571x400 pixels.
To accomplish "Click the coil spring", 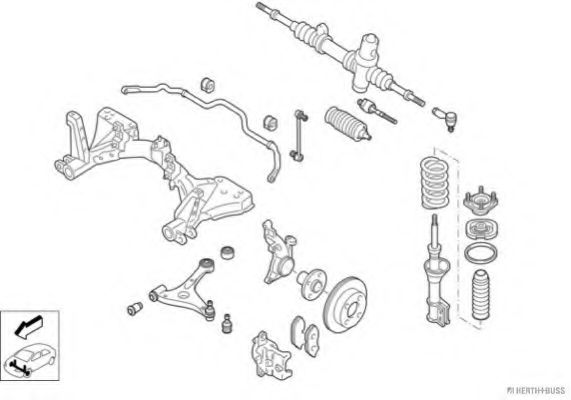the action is coord(435,183).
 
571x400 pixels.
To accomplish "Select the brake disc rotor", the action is coord(346,305).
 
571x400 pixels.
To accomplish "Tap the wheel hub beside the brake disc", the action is coord(311,283).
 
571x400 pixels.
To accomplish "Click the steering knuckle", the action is coord(278,253).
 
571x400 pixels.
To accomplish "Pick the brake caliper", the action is coord(271,355).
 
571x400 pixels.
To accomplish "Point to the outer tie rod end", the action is coord(445,118).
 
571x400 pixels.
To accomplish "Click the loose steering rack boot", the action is coord(347,123).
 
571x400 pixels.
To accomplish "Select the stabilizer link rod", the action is coord(299,135).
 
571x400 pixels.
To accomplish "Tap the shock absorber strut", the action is coord(437,271).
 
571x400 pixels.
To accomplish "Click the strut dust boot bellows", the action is coord(481,295).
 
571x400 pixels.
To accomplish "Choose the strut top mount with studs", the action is coord(481,201).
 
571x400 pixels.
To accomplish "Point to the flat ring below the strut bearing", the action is coord(481,253).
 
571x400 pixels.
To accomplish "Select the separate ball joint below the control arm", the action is coord(227,323).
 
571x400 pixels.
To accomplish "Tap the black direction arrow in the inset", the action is coord(28,326).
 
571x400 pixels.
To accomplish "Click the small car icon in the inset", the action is coord(30,359).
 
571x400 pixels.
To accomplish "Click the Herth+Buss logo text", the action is coord(536,391).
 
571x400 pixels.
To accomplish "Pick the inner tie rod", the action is coord(377,111).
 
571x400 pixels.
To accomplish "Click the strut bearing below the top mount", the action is coord(481,229).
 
